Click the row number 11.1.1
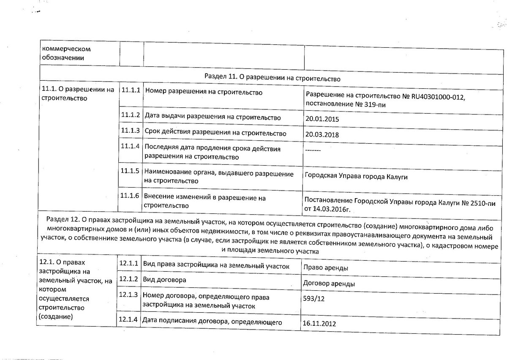(130, 90)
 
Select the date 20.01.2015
(322, 119)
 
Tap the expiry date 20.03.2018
(322, 135)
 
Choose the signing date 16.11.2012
(319, 324)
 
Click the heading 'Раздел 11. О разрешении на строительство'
(272, 78)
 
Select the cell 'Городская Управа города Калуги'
(356, 177)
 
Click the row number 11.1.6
(130, 196)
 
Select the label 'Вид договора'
(164, 280)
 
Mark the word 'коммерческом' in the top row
(67, 49)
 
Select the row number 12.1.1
(128, 264)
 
